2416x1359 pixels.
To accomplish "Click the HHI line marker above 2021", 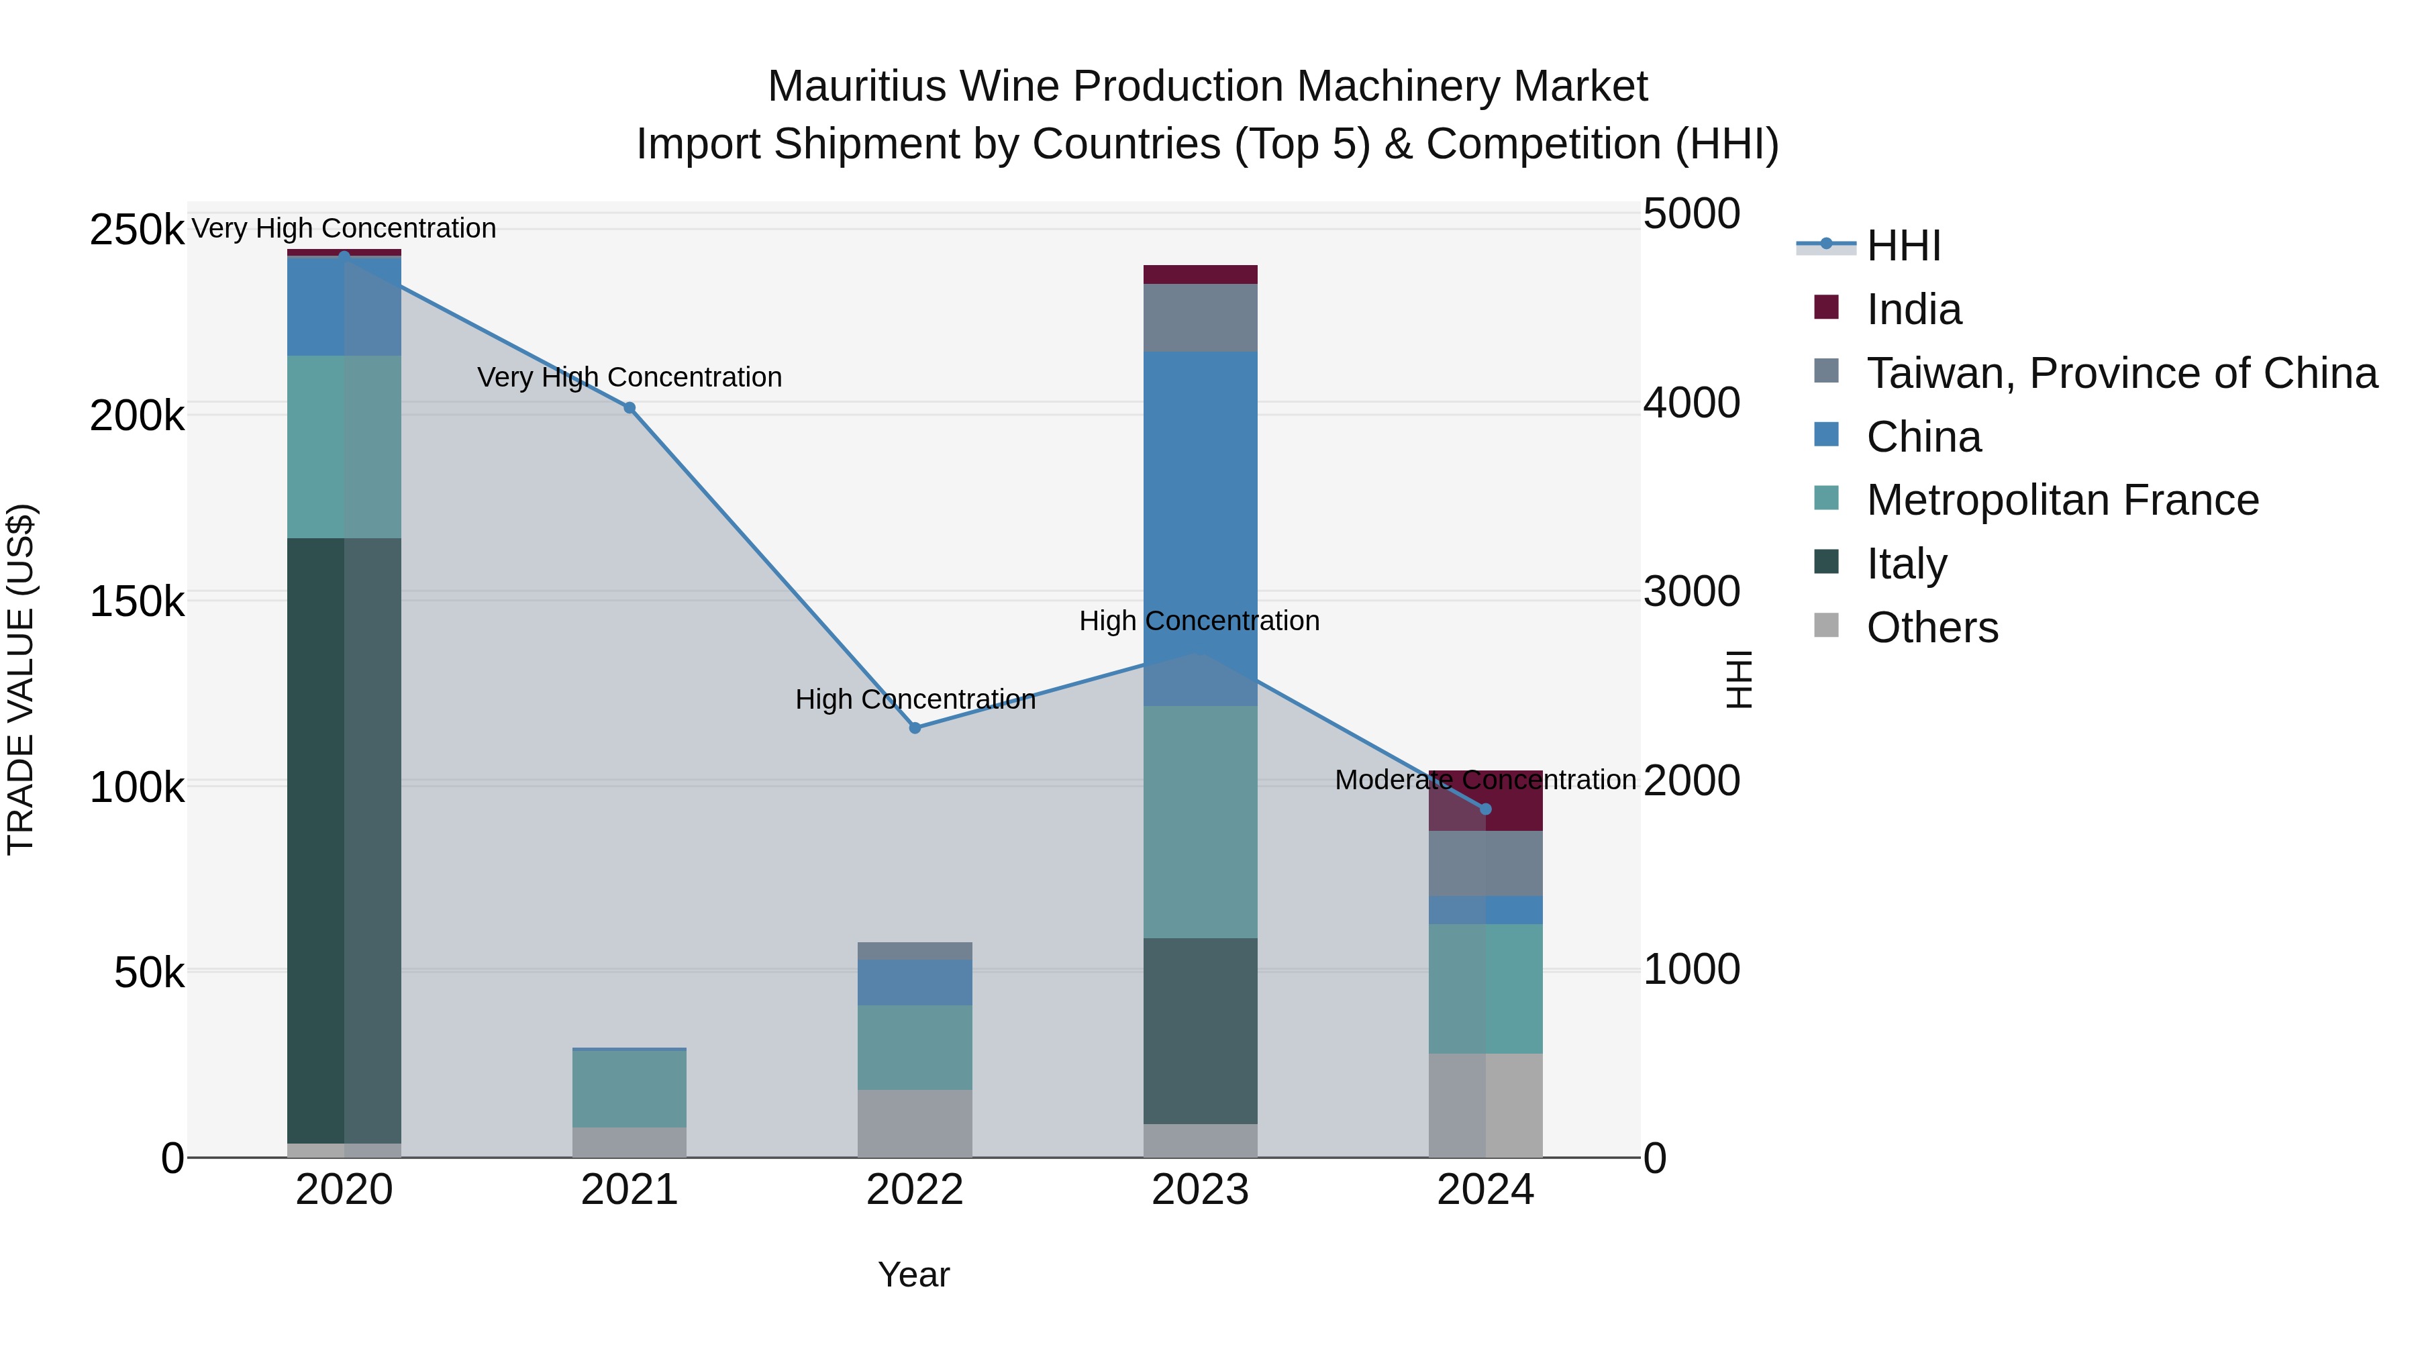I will (630, 408).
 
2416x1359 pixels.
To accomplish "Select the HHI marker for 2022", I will (915, 727).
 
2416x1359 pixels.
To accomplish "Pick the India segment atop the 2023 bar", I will (1201, 274).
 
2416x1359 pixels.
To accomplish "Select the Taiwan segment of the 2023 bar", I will (1201, 318).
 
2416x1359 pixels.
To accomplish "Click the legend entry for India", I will (1913, 309).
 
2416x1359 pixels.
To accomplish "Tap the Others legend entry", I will (1932, 627).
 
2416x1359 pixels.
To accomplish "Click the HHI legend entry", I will (1903, 246).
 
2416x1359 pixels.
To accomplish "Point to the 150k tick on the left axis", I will (137, 601).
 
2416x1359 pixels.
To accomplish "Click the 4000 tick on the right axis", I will (1691, 403).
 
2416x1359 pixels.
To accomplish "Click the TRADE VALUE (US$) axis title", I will (21, 679).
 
